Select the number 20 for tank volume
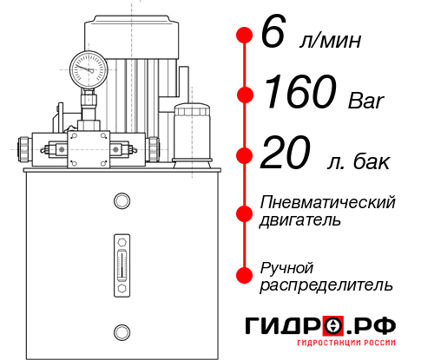(x=286, y=154)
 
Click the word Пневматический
(x=328, y=202)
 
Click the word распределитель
(x=326, y=285)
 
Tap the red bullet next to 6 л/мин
(x=245, y=36)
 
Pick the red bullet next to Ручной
(x=245, y=274)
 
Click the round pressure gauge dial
(x=87, y=66)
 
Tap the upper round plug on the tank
(x=121, y=202)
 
